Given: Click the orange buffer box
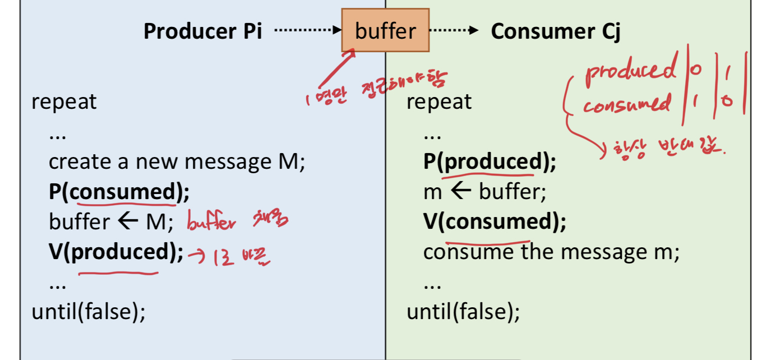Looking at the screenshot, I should coord(385,30).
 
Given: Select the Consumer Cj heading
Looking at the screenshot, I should coord(555,31).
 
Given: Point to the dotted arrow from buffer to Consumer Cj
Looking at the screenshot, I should coord(454,31).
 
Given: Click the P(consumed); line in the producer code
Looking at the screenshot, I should coord(119,192).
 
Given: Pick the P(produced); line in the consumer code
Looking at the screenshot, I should coord(489,162).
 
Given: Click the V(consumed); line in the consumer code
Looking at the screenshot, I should coord(495,223).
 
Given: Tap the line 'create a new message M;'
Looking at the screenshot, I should coord(176,162).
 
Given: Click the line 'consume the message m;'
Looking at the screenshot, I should coord(551,252).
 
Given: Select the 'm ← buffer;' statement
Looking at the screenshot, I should coord(484,192).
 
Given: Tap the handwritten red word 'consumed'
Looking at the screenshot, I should coord(627,104).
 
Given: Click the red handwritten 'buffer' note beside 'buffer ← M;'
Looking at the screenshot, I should coord(211,224).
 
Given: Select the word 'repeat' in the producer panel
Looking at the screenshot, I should coord(64,101).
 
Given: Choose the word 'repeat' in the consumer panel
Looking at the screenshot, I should coord(439,101).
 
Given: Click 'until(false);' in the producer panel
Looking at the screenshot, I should coord(89,311).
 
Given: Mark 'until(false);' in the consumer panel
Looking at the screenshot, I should coord(463,311).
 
